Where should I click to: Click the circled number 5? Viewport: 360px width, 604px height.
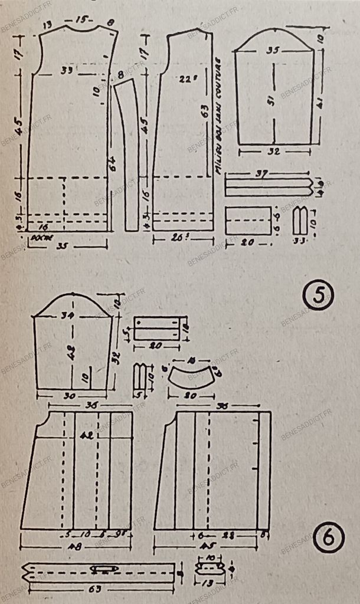click(x=319, y=296)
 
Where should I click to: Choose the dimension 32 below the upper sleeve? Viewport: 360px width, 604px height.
click(x=273, y=151)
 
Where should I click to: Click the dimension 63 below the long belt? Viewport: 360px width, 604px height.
click(x=98, y=587)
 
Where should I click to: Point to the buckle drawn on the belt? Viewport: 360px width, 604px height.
click(x=103, y=568)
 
